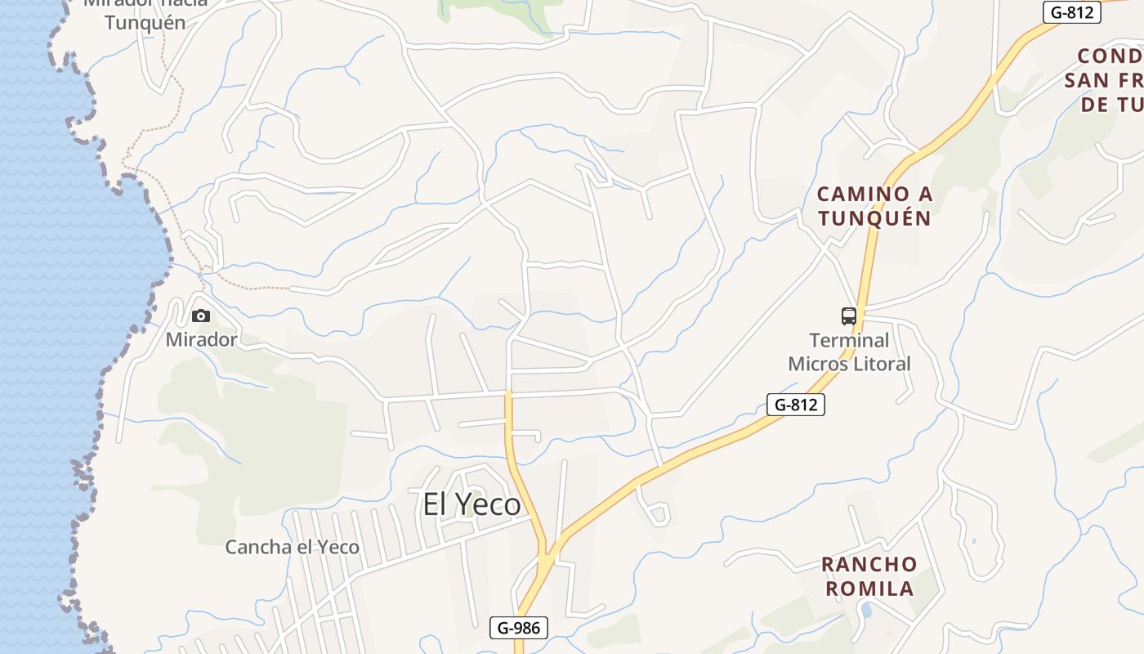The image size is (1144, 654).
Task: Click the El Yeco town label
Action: point(471,504)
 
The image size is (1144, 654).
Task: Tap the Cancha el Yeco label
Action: point(292,547)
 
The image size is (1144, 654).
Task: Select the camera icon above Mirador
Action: point(200,316)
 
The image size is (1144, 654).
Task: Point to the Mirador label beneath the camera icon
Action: point(201,339)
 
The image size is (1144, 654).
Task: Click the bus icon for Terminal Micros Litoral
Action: point(849,316)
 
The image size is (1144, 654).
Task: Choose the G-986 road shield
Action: point(519,628)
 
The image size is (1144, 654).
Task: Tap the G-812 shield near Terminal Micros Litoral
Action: point(795,404)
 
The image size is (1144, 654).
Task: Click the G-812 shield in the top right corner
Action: point(1072,12)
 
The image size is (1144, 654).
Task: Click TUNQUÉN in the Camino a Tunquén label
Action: point(875,218)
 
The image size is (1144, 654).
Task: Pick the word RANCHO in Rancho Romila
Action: point(869,565)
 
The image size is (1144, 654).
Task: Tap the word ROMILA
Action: point(869,589)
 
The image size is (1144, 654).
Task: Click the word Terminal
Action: point(849,340)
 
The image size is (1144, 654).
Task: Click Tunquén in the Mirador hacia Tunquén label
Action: point(145,22)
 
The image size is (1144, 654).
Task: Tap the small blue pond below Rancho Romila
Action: point(866,610)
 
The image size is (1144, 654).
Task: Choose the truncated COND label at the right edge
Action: point(1110,56)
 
